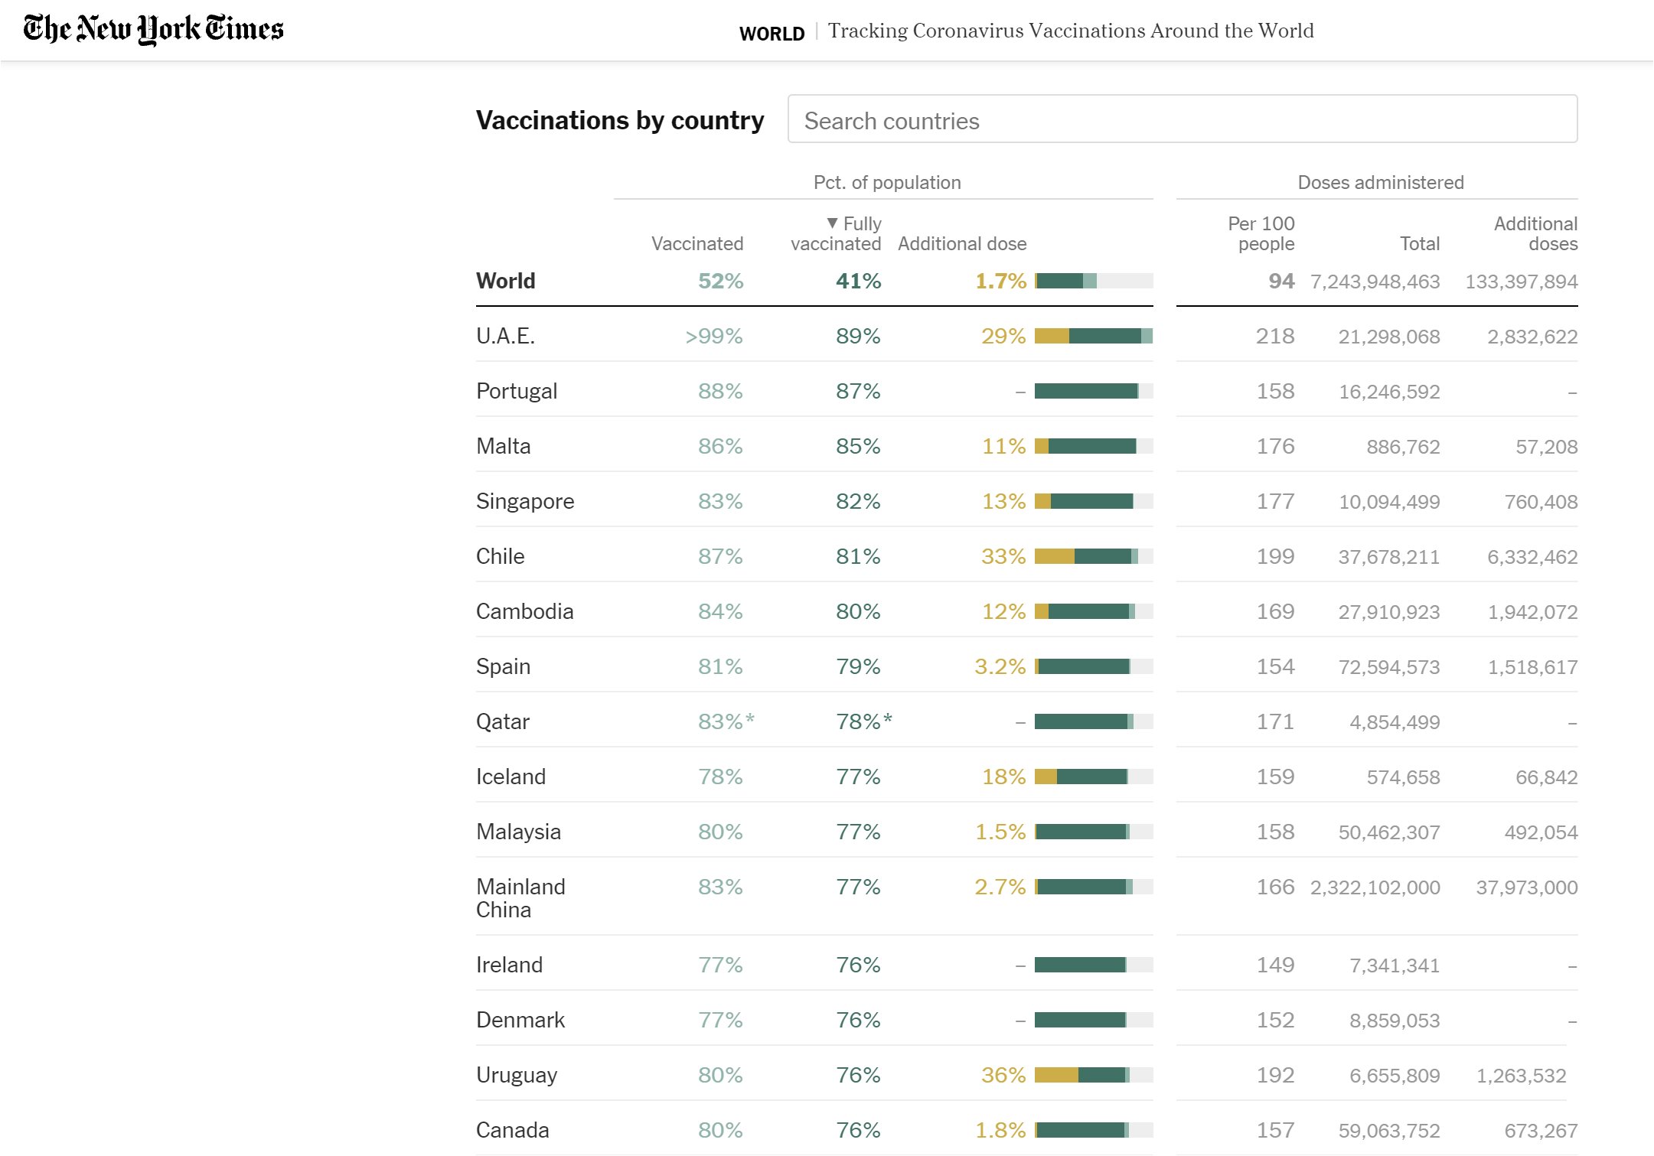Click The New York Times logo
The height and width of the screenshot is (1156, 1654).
pyautogui.click(x=153, y=29)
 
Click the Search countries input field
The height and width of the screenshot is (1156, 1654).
pyautogui.click(x=1182, y=119)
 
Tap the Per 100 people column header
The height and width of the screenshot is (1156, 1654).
pyautogui.click(x=1261, y=233)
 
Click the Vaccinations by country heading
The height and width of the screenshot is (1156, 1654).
pyautogui.click(x=619, y=120)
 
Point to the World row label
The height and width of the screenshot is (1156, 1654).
pyautogui.click(x=505, y=281)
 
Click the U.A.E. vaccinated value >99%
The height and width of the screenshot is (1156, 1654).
pyautogui.click(x=713, y=336)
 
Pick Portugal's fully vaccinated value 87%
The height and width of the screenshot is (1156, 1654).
pyautogui.click(x=858, y=391)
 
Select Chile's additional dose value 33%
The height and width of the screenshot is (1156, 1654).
pyautogui.click(x=1003, y=556)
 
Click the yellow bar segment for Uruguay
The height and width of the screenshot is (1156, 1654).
pyautogui.click(x=1056, y=1075)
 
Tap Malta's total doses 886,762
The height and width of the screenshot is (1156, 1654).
pyautogui.click(x=1403, y=447)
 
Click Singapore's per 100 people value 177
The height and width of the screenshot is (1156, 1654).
pyautogui.click(x=1275, y=501)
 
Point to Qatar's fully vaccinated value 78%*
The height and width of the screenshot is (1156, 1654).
pyautogui.click(x=863, y=721)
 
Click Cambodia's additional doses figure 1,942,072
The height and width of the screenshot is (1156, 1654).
pyautogui.click(x=1532, y=612)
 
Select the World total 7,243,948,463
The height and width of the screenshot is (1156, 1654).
pyautogui.click(x=1375, y=282)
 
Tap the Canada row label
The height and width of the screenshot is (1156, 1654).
pyautogui.click(x=512, y=1130)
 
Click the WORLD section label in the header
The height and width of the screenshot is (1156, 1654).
pyautogui.click(x=772, y=34)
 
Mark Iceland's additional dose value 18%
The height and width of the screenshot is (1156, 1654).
pyautogui.click(x=1003, y=777)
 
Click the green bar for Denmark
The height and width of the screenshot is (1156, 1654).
pyautogui.click(x=1079, y=1020)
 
